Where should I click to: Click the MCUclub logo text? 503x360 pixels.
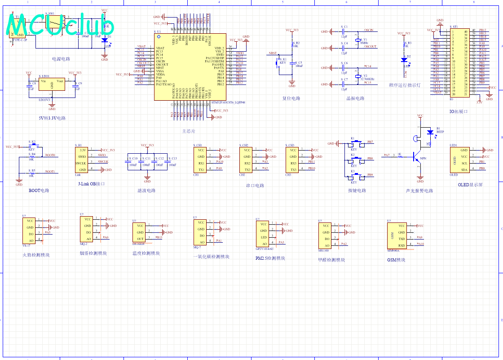[x=61, y=25]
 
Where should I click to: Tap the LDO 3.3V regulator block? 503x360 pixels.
[x=52, y=84]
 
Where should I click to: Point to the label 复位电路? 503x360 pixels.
[x=291, y=98]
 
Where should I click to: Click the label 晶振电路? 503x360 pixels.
[x=355, y=98]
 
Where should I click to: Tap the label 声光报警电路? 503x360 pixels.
[x=419, y=191]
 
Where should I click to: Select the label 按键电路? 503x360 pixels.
[x=357, y=191]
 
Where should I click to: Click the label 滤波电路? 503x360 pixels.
[x=146, y=191]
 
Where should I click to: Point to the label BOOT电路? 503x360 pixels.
[x=39, y=191]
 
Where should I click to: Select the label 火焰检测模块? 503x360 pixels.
[x=36, y=255]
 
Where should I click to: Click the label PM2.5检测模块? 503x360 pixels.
[x=270, y=258]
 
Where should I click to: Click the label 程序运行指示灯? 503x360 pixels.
[x=405, y=85]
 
